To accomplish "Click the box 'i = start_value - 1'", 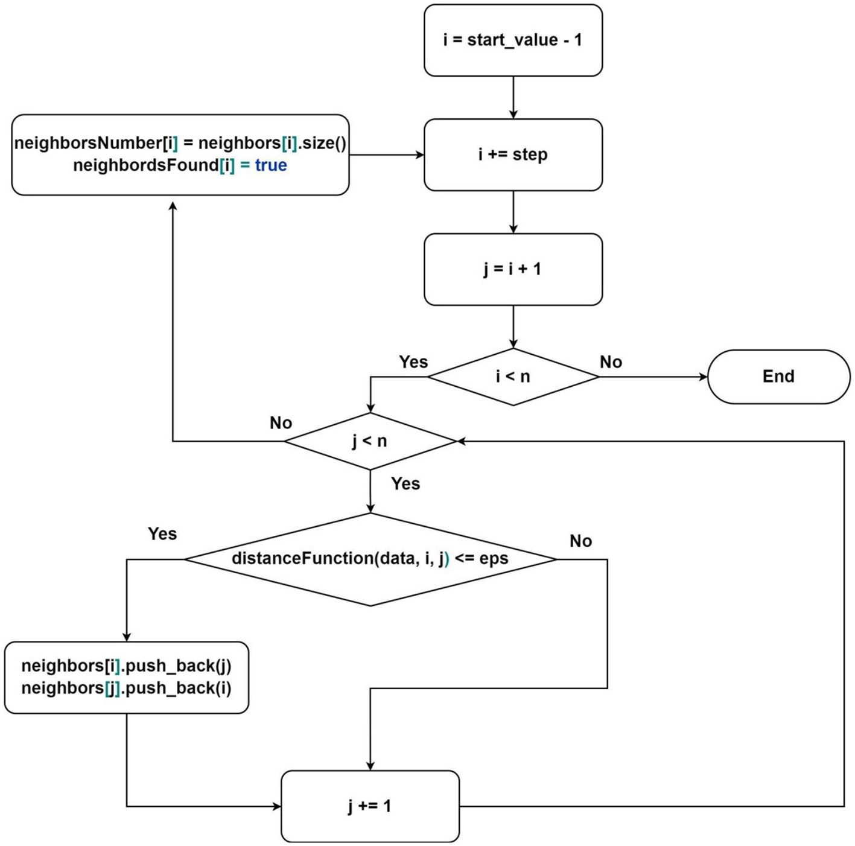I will coord(513,40).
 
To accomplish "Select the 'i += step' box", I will coord(513,154).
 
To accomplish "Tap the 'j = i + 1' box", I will coord(513,269).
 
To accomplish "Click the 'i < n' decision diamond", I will coord(513,377).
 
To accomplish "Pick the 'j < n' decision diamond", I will coord(370,441).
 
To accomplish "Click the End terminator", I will coord(778,377).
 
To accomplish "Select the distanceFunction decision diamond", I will coord(370,559).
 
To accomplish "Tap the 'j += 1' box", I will coord(370,806).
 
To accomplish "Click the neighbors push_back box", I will coord(126,677).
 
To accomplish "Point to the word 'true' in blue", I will coord(271,165).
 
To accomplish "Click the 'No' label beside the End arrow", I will coord(611,362).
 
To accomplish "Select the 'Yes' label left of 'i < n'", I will coord(413,362).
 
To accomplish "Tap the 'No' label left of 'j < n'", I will coord(281,423).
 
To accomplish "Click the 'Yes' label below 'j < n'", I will coord(405,484).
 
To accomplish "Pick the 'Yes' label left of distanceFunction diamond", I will coord(162,534).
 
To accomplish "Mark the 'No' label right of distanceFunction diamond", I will coord(580,541).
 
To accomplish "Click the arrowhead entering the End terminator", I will coord(703,377).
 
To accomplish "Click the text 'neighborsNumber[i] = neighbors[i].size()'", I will coord(180,143).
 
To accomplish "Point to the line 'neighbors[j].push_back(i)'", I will coord(126,689).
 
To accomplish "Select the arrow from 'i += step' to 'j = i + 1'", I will coord(513,212).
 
